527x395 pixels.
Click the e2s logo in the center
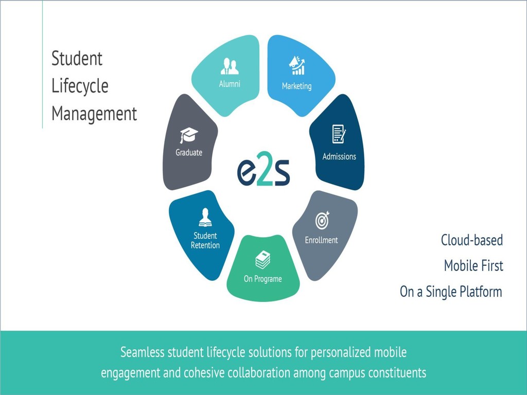(263, 172)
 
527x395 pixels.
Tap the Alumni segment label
(230, 84)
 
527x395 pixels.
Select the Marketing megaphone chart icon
(296, 66)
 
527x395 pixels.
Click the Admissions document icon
(339, 134)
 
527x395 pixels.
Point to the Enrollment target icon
(322, 221)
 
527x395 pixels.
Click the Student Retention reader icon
(205, 218)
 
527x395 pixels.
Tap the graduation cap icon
(189, 136)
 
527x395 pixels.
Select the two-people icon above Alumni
(230, 66)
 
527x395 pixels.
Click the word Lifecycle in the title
(80, 86)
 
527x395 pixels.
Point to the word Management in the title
(94, 113)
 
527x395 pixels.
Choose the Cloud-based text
(471, 240)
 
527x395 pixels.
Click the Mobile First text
(473, 266)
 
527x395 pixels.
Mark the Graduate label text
(189, 153)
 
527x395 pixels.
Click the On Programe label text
(262, 279)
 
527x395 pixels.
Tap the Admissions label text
(339, 156)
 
